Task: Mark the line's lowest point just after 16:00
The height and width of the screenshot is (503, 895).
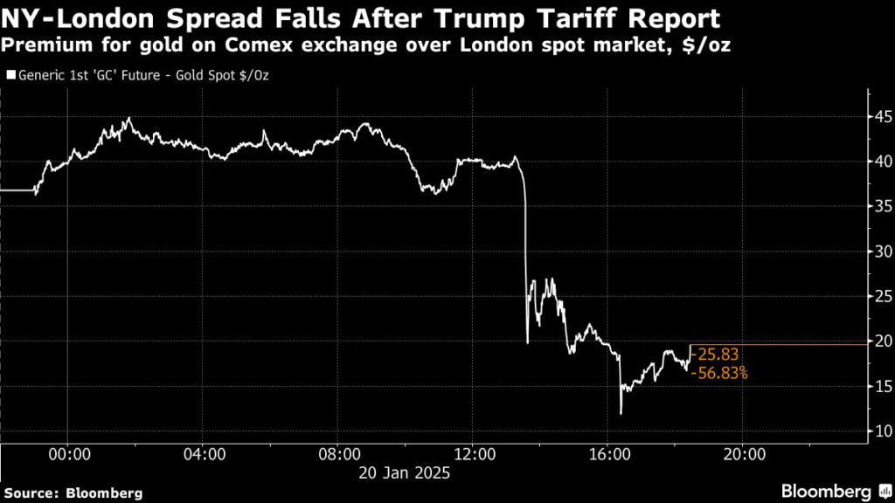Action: tap(621, 413)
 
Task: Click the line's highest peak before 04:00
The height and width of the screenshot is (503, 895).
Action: tap(128, 119)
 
